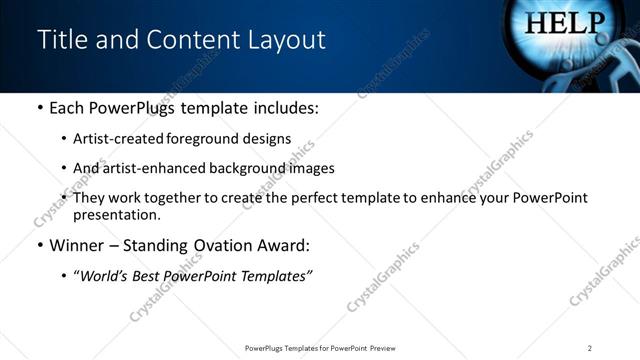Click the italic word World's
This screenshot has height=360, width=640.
pos(104,276)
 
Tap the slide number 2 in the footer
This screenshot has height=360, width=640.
pos(590,348)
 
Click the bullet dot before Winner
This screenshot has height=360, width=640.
pos(39,246)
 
